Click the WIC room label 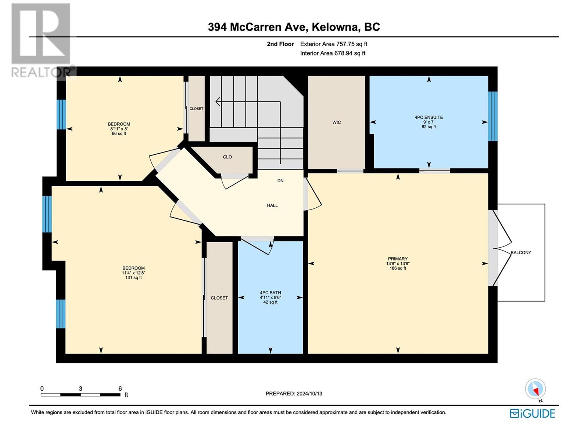(x=337, y=122)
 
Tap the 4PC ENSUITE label (x=429, y=117)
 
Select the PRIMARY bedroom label (x=398, y=259)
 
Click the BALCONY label (x=521, y=252)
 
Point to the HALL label (x=272, y=205)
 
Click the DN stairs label (x=280, y=181)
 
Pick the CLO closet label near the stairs (x=227, y=157)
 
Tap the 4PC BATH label (x=270, y=293)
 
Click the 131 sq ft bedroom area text (x=133, y=278)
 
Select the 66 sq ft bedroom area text (x=119, y=133)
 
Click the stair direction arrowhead (x=218, y=102)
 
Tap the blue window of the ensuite (x=493, y=116)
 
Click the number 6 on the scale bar (x=120, y=388)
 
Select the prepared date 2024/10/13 (x=309, y=394)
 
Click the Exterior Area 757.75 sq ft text (x=334, y=44)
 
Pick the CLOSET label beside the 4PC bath (x=219, y=298)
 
